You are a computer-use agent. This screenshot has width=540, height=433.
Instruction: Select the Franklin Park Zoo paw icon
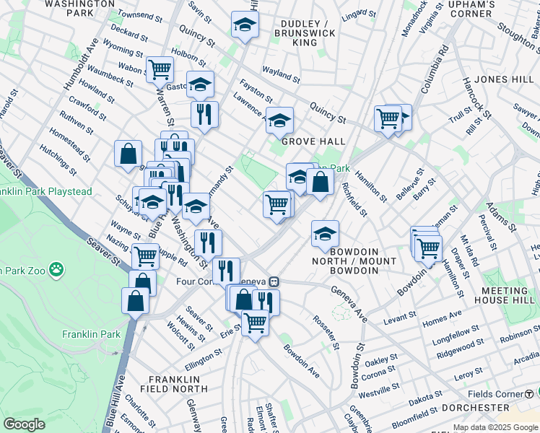click(56, 270)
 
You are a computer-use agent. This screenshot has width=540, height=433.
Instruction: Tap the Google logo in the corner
click(24, 424)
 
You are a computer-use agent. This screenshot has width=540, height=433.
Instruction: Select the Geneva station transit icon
click(274, 281)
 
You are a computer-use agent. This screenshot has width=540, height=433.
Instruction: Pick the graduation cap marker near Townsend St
click(245, 25)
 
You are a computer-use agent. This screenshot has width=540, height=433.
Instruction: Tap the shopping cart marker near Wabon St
click(160, 70)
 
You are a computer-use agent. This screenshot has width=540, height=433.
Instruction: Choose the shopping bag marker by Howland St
click(128, 153)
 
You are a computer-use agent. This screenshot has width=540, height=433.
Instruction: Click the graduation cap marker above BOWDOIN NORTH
click(326, 232)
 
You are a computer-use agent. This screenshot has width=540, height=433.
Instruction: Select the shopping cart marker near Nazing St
click(146, 255)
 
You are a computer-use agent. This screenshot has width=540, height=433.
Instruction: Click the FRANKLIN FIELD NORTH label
click(173, 384)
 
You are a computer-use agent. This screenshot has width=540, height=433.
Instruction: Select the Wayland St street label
click(281, 74)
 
